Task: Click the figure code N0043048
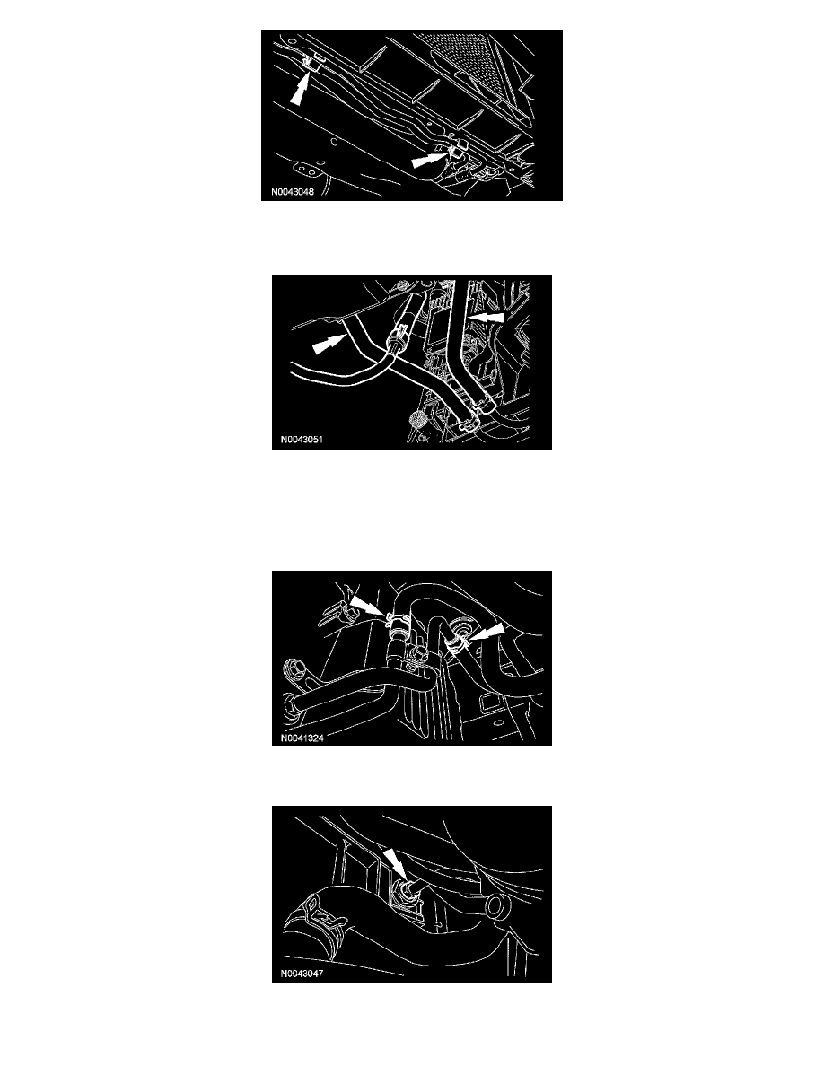[x=293, y=192]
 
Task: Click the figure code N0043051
[x=302, y=439]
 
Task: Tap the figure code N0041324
[x=302, y=738]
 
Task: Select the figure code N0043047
[x=302, y=974]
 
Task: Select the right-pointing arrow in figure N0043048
[x=430, y=160]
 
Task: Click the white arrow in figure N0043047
[x=397, y=864]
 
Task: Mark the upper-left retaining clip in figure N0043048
[x=311, y=63]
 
